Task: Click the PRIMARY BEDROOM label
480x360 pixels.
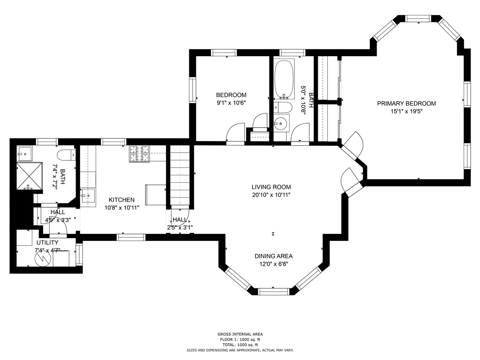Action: point(406,104)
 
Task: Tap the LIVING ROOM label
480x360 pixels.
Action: point(271,187)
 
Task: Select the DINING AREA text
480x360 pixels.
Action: point(273,256)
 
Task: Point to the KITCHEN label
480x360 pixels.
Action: point(121,200)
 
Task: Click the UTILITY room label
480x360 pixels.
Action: point(47,243)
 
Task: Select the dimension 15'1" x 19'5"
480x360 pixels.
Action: point(406,112)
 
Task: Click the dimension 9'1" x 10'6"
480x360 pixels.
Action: point(232,103)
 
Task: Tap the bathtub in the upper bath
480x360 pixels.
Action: point(284,79)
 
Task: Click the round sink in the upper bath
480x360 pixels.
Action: point(281,123)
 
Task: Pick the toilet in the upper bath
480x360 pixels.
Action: point(283,107)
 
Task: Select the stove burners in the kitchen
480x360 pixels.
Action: point(139,154)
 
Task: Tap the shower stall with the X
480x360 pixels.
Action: point(29,176)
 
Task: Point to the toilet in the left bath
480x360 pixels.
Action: point(66,154)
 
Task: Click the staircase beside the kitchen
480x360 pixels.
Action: point(180,176)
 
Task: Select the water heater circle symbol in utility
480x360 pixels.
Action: point(44,259)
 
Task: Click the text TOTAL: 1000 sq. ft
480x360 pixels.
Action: point(240,345)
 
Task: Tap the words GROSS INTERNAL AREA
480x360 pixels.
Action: point(240,334)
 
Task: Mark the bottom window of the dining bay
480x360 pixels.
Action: point(273,292)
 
